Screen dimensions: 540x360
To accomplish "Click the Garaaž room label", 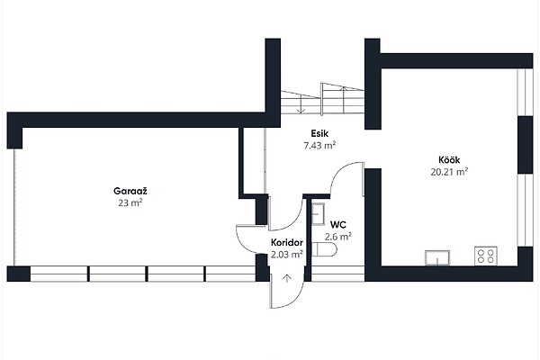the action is [130, 191].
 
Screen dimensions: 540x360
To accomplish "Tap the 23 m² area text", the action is [130, 202].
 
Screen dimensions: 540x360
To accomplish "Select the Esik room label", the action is [319, 133].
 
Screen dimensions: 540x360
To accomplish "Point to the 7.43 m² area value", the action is [319, 146].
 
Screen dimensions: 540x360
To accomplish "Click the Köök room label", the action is [449, 160].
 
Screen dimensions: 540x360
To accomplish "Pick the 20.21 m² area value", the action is [449, 172].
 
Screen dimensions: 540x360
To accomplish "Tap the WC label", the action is [338, 225].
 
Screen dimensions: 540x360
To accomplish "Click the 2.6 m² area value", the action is [338, 237].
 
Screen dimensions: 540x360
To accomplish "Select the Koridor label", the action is [287, 242].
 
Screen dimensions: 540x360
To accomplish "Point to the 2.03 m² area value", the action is [287, 255].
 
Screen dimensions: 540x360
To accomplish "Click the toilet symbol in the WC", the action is [324, 249].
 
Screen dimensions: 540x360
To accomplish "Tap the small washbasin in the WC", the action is [319, 214].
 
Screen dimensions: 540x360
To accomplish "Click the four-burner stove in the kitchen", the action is [486, 256].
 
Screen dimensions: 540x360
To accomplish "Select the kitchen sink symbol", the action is [437, 258].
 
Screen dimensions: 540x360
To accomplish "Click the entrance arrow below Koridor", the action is [287, 278].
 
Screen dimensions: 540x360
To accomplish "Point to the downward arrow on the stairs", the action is [301, 103].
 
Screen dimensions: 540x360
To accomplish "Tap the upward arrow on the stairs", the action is [344, 100].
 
